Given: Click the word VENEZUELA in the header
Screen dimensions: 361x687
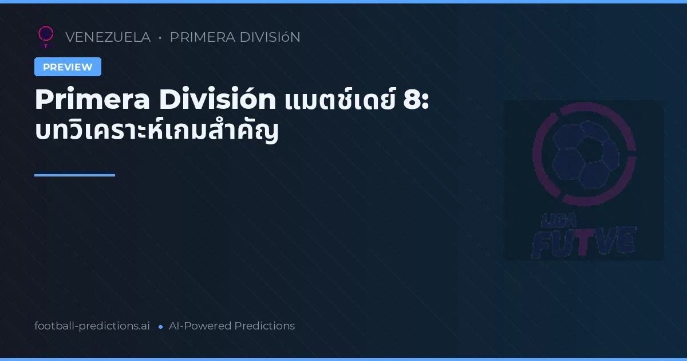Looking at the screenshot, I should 108,37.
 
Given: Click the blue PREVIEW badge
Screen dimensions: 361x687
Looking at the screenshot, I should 68,67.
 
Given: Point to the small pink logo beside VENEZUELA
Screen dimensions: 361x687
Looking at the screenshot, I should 46,36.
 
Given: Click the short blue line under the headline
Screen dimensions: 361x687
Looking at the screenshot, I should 74,175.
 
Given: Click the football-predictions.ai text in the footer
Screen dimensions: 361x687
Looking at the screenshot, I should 92,326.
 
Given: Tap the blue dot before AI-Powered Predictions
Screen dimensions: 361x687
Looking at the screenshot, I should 160,327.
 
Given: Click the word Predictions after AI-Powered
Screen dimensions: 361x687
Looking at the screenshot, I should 264,326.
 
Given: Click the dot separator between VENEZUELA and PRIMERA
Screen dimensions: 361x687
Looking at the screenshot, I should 160,38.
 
